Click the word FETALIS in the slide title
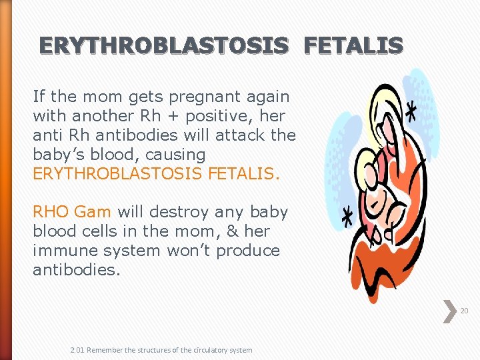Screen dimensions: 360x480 coord(353,45)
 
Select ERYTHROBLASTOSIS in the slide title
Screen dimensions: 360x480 coord(164,45)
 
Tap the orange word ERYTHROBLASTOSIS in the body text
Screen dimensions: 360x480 coord(118,174)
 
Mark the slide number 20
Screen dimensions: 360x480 coord(464,311)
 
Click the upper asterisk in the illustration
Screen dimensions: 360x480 coord(411,111)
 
